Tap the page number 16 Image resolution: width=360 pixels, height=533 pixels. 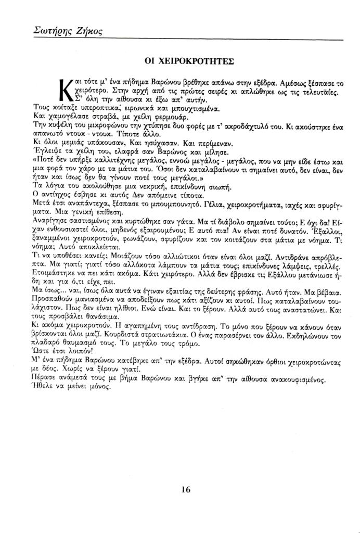tap(187, 489)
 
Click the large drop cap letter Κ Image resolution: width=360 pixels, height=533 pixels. tap(66, 90)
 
